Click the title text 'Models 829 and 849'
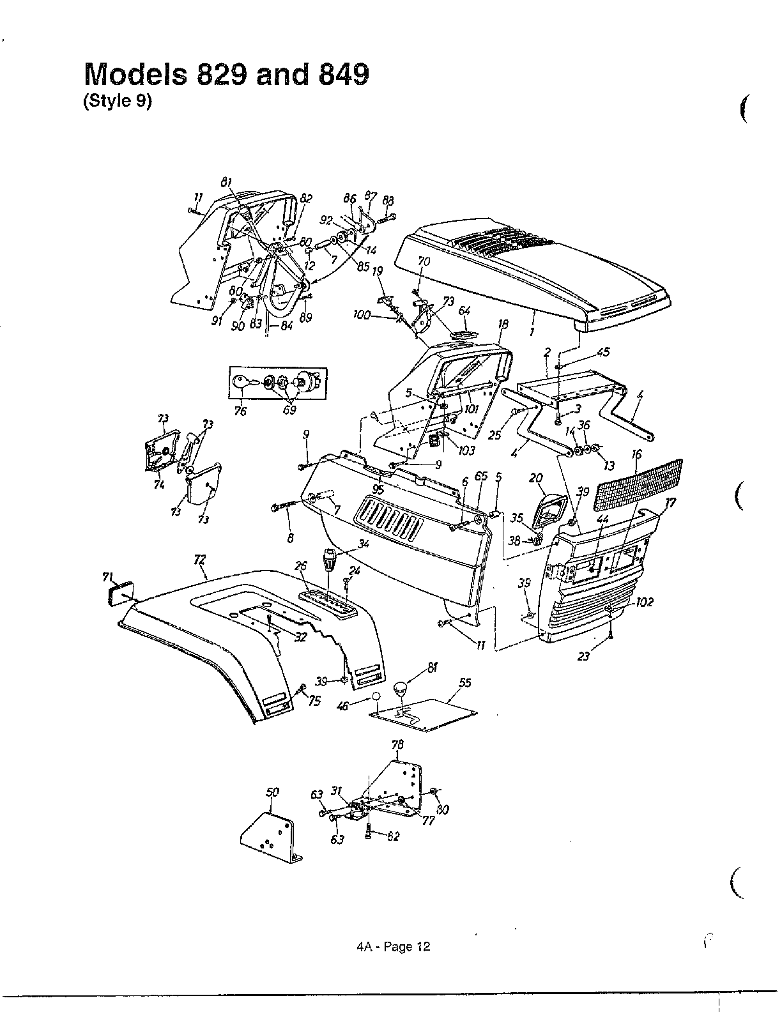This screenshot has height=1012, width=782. (x=227, y=75)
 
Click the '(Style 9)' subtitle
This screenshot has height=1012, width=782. (x=118, y=102)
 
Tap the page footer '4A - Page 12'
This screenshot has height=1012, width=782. (x=394, y=947)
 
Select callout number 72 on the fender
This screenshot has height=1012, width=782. (x=200, y=560)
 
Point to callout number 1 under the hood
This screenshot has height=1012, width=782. (x=532, y=332)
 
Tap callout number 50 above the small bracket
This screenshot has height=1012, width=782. (x=272, y=793)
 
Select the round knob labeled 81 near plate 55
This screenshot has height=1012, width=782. (x=399, y=689)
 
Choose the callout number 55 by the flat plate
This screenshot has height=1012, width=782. (x=464, y=683)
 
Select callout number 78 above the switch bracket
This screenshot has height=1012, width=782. (x=397, y=745)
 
